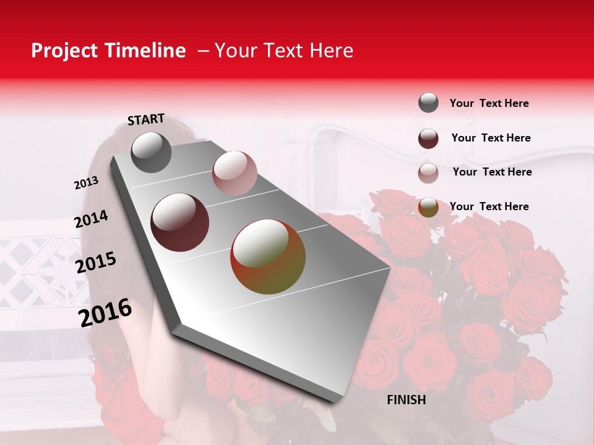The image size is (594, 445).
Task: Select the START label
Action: click(146, 119)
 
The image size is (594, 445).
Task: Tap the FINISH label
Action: click(406, 400)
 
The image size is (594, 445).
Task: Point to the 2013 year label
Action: click(87, 182)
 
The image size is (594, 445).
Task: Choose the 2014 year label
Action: click(92, 219)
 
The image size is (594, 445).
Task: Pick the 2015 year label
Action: click(96, 263)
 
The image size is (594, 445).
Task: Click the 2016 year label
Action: click(105, 313)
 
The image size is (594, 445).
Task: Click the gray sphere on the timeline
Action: click(151, 152)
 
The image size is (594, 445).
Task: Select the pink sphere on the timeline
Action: click(235, 172)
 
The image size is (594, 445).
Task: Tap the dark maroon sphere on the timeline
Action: click(180, 222)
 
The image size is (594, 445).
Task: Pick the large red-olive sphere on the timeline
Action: click(268, 256)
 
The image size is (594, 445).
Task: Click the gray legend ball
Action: click(428, 103)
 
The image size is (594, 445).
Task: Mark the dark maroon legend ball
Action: click(428, 138)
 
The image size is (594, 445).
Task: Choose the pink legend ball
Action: click(428, 173)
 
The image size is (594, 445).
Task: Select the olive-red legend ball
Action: click(428, 208)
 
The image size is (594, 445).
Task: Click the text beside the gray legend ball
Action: click(489, 103)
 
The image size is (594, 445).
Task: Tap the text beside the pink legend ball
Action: click(492, 172)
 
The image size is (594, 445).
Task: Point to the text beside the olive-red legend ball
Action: click(489, 206)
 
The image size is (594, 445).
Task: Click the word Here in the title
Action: click(331, 51)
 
